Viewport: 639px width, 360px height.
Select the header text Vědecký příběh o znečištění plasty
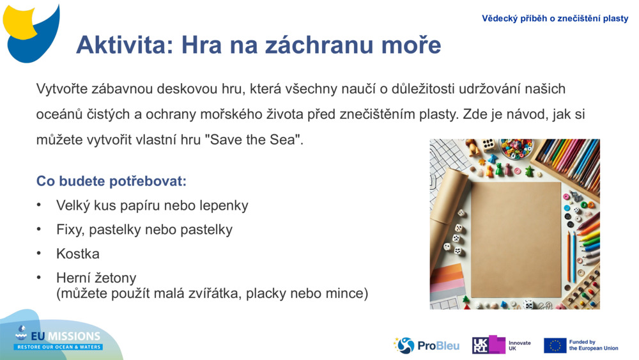click(555, 19)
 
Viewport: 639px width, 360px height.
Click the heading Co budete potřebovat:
click(111, 181)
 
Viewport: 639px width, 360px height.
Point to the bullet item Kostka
click(78, 254)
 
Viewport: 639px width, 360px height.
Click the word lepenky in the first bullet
click(224, 205)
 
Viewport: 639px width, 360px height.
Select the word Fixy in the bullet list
click(70, 230)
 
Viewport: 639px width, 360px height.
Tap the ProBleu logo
click(427, 346)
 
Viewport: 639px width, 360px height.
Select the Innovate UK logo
click(501, 345)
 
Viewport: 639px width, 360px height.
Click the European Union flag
click(555, 345)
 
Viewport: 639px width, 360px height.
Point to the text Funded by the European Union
click(593, 345)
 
